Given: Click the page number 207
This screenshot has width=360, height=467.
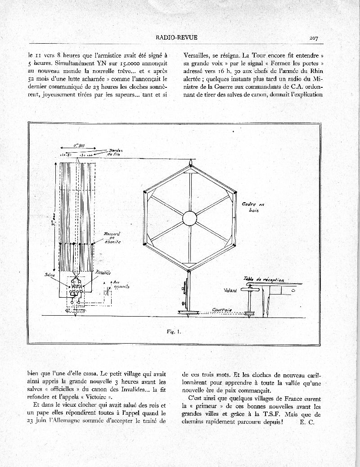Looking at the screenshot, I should tap(314, 38).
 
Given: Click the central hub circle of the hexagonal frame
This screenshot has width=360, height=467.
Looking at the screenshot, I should tap(189, 218).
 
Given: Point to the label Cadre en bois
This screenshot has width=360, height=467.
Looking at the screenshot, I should tap(253, 207).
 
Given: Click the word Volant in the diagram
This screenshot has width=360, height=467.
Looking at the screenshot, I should tap(230, 290).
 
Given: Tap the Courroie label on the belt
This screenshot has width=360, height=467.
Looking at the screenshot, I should tap(222, 310).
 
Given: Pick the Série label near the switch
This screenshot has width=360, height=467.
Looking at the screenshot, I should tap(49, 274).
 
